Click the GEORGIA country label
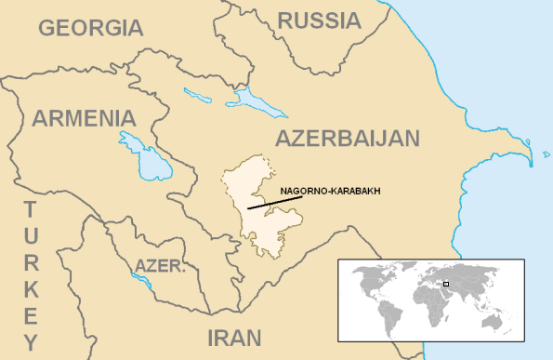click(x=91, y=27)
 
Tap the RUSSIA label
click(x=320, y=20)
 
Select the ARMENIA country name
click(x=84, y=118)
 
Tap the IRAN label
click(x=233, y=337)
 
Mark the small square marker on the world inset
click(x=446, y=284)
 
